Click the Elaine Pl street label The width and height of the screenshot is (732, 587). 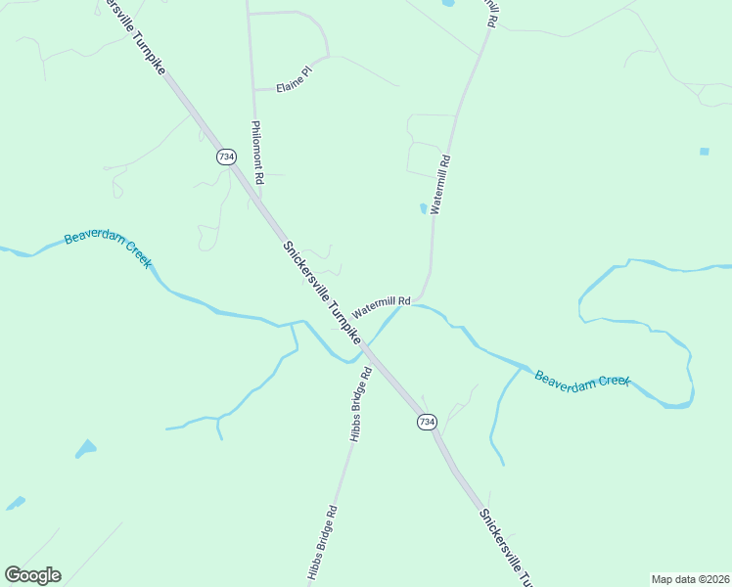coord(293,77)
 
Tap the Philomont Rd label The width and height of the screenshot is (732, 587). coord(257,153)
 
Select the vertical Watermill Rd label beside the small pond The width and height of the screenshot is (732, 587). coord(439,184)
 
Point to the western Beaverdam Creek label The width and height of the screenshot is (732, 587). coord(108,249)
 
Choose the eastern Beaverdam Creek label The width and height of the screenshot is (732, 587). coord(581,379)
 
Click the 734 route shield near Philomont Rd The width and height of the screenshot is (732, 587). coord(226,157)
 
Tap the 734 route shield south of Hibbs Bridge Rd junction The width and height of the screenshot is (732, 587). coord(427,421)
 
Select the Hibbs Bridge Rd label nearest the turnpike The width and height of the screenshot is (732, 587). coord(359,403)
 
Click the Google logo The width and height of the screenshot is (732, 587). coord(32,575)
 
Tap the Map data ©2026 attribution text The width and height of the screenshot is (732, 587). coord(690,579)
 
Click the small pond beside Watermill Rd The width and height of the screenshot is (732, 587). coord(424,208)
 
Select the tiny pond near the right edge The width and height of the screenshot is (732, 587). coord(705,152)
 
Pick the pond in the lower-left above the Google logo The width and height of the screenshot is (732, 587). coord(86,449)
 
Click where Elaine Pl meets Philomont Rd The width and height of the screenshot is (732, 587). coord(254,90)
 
